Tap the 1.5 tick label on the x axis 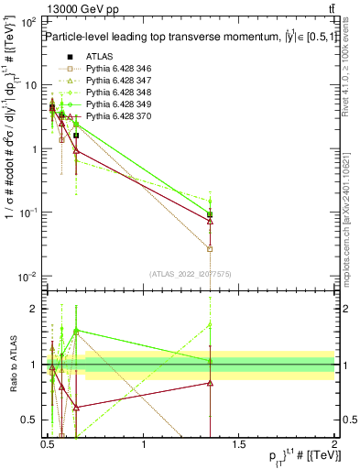[239, 444]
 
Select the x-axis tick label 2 [334, 444]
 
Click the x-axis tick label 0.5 [49, 444]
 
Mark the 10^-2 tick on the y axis [27, 277]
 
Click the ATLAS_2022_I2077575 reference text [191, 274]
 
